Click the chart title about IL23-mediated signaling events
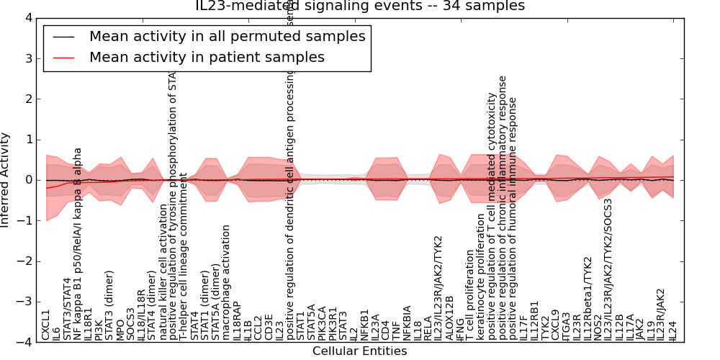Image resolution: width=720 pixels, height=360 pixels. (360, 6)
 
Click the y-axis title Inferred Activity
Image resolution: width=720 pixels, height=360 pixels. (6, 180)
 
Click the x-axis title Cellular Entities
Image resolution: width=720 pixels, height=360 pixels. (359, 351)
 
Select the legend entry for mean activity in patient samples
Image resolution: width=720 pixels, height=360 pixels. (207, 57)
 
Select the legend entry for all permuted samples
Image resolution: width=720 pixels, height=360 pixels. (227, 36)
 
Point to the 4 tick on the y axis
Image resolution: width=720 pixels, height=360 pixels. (28, 18)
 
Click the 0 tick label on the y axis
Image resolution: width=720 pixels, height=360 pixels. (28, 180)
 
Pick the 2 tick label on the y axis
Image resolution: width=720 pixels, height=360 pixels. (28, 99)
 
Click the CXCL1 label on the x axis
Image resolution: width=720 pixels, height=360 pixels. (46, 325)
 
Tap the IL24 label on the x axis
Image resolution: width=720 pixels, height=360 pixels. (672, 330)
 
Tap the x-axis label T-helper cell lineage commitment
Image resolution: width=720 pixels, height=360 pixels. (184, 266)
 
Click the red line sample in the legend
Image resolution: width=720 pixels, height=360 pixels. (64, 58)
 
